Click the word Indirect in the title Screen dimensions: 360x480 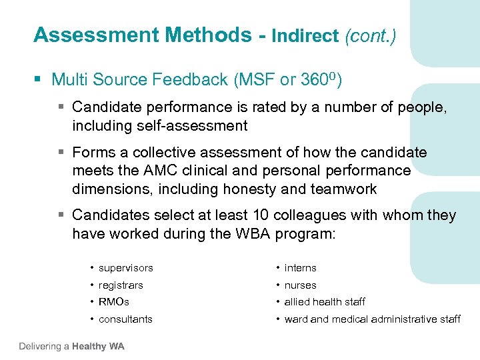305,36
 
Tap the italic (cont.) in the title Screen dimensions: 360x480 370,36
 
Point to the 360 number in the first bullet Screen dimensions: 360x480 313,81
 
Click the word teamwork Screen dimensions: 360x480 343,189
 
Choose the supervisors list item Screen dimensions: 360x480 125,268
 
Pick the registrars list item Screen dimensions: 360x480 121,285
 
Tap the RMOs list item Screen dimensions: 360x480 114,302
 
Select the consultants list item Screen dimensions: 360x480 125,319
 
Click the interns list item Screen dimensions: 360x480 300,268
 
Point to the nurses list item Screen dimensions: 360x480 300,285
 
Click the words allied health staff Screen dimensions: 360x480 325,302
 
